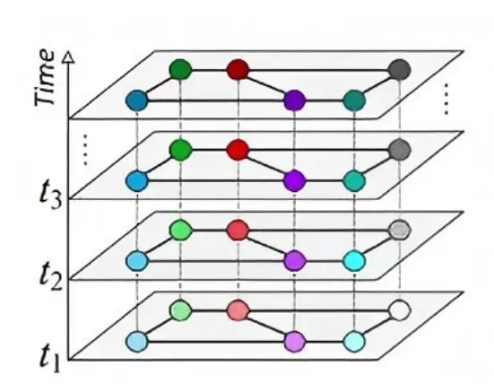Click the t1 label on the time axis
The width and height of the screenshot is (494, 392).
50,358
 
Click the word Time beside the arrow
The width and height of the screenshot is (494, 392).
44,77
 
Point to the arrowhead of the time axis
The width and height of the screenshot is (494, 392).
69,58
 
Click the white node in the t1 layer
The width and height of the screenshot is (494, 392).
400,310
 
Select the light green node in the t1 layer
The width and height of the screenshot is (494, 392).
180,310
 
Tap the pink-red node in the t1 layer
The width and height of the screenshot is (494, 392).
238,310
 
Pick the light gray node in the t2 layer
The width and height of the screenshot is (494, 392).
400,231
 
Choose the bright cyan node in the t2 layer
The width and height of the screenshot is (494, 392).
354,261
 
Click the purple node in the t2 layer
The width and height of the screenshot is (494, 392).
295,261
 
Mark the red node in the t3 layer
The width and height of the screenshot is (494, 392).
238,150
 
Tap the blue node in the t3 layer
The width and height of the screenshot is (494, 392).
137,181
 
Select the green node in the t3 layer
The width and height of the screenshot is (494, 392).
180,150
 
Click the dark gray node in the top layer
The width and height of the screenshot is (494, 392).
400,70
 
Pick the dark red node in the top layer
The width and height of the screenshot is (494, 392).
238,70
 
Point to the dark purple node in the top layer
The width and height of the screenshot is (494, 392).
295,100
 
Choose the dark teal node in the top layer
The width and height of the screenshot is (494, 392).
354,100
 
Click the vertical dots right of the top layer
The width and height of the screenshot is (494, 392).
446,99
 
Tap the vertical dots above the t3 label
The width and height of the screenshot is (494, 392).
85,150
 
